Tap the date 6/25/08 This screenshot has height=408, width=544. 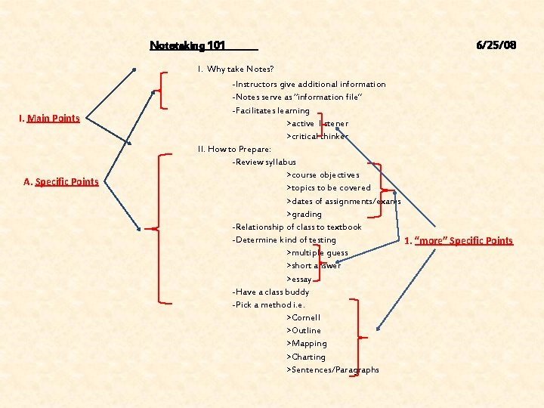pos(496,45)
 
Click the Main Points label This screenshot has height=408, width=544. pos(53,119)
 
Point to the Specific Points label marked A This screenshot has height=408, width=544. pos(61,181)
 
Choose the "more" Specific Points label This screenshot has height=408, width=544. pos(459,241)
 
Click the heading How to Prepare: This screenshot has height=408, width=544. pos(224,149)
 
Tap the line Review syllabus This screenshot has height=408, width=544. pos(264,162)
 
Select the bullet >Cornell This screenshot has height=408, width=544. pos(303,317)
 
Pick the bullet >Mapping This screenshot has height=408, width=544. pos(307,344)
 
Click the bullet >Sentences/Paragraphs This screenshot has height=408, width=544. pos(332,369)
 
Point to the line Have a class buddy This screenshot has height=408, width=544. pos(270,292)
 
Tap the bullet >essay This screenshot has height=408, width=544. pos(299,279)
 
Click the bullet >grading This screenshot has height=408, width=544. pos(304,214)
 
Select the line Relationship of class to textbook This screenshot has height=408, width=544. pos(297,227)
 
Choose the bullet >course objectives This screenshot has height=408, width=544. pos(323,175)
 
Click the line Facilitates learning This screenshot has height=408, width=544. pos(270,110)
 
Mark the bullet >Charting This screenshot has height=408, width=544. pos(306,357)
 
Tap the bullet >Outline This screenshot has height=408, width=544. pos(304,330)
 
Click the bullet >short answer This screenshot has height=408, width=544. pos(314,266)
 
